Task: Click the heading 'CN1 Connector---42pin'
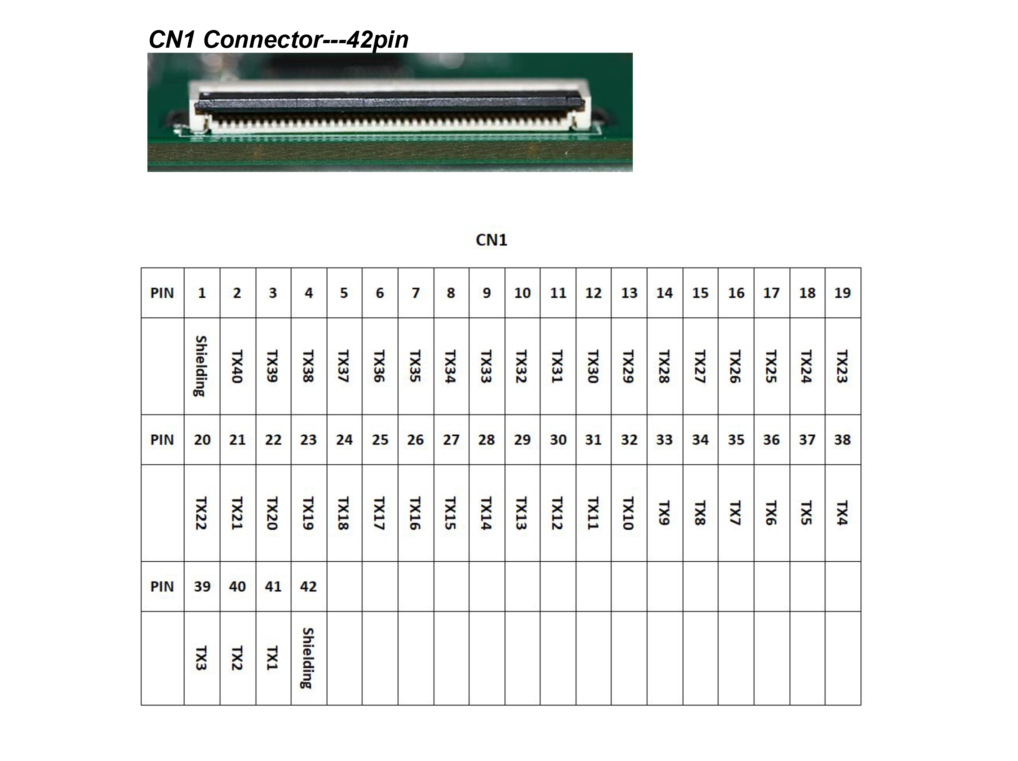tap(278, 39)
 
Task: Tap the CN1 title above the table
tap(492, 240)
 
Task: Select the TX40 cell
tap(237, 367)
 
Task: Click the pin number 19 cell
tap(843, 293)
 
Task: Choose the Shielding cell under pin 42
tap(308, 658)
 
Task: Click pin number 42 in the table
tap(308, 586)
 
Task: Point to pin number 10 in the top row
tap(522, 293)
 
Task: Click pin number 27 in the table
tap(451, 440)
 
